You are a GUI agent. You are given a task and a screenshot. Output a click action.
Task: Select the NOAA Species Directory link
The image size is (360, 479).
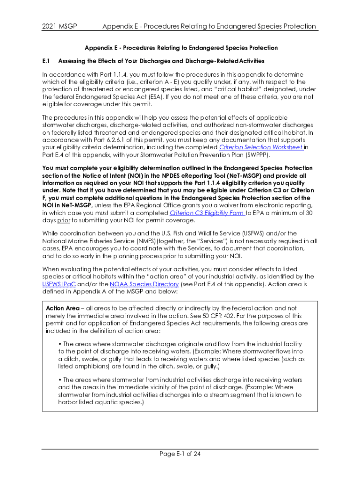(137, 283)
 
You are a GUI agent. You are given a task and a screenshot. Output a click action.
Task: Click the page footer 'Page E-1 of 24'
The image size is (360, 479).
(180, 454)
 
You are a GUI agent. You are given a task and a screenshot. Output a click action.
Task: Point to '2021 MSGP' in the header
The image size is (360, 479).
(60, 26)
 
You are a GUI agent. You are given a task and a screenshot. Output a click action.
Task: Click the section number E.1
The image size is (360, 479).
(46, 61)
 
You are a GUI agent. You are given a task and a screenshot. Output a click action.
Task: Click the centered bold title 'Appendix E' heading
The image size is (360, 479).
(180, 48)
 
